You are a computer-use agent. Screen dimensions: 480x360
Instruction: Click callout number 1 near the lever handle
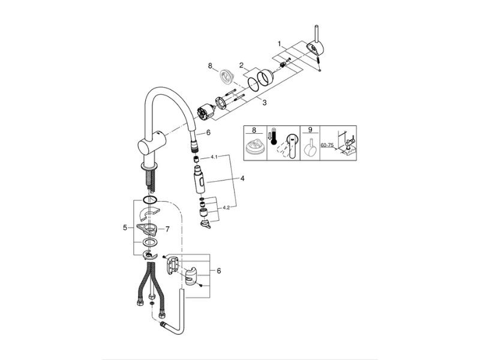click(279, 44)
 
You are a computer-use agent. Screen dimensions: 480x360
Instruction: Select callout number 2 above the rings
click(242, 65)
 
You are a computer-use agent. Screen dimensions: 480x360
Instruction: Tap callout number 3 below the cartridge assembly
click(265, 103)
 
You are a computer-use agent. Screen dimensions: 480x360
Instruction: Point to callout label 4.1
click(214, 157)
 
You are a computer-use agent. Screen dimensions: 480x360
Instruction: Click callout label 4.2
click(226, 208)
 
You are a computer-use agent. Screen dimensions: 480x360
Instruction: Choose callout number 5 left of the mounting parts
click(125, 227)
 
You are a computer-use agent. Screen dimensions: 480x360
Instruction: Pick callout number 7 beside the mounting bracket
click(167, 229)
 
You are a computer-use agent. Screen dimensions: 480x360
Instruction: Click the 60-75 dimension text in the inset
click(327, 145)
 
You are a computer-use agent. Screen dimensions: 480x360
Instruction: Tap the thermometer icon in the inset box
click(273, 139)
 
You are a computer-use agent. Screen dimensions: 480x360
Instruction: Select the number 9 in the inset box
click(310, 130)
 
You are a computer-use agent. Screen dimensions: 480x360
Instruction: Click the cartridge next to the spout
click(203, 112)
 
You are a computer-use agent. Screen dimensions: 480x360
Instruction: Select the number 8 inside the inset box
click(254, 130)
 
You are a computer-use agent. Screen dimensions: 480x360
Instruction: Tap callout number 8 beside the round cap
click(210, 66)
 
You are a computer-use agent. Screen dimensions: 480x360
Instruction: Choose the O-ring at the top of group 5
click(149, 200)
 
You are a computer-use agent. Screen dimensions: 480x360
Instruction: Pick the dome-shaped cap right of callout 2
click(265, 78)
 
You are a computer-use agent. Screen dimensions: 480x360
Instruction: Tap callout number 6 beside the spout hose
click(208, 133)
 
